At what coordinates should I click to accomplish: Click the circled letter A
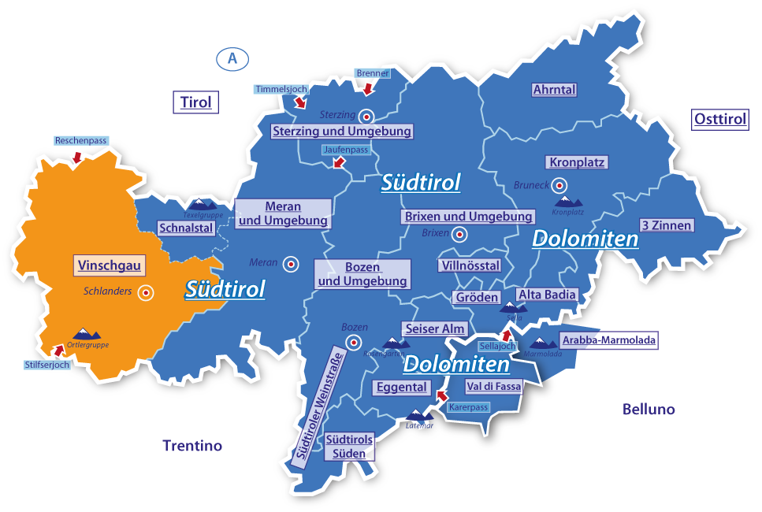(232, 58)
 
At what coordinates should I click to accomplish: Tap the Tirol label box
(196, 102)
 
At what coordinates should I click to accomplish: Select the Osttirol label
(720, 120)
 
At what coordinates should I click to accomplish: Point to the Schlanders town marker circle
(146, 292)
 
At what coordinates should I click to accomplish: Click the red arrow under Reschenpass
(77, 157)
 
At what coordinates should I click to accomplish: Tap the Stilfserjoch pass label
(47, 365)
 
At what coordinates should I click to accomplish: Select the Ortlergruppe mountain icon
(82, 335)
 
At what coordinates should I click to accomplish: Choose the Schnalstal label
(186, 228)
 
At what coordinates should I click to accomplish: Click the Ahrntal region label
(554, 90)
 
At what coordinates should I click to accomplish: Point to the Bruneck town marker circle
(559, 186)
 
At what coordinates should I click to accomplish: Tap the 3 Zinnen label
(666, 225)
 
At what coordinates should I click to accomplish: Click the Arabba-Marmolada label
(608, 340)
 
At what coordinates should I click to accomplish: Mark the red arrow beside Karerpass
(440, 396)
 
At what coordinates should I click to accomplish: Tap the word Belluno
(649, 410)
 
